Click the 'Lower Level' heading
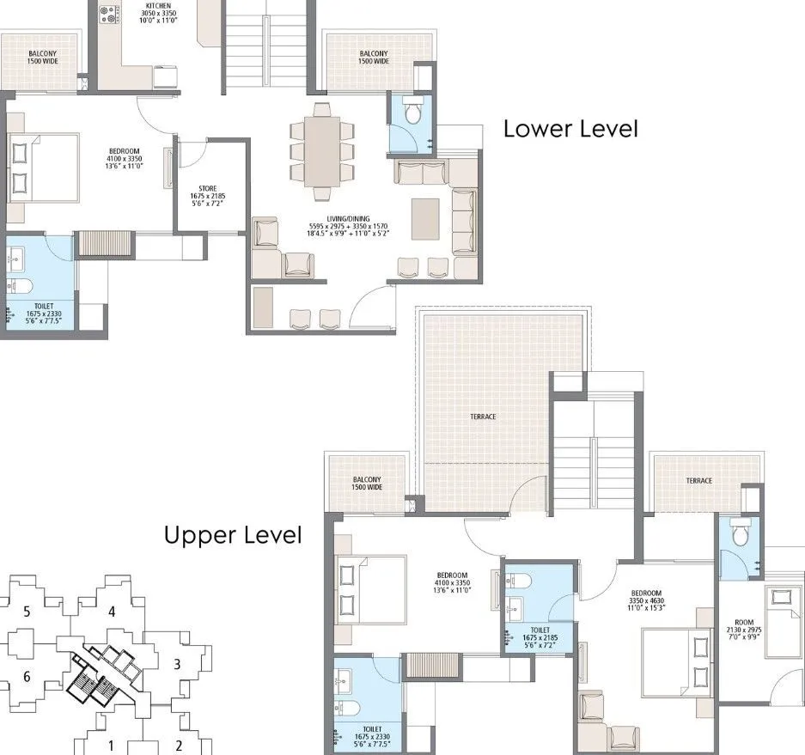[570, 129]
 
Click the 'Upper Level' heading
[233, 535]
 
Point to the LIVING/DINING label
[350, 226]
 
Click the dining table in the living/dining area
[322, 150]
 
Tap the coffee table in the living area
[424, 218]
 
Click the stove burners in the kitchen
[110, 14]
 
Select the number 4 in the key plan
[111, 612]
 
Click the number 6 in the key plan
[27, 677]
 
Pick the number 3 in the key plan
[176, 663]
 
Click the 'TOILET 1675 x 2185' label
[538, 634]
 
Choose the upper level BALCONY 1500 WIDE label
[367, 484]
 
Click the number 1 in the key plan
[110, 745]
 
